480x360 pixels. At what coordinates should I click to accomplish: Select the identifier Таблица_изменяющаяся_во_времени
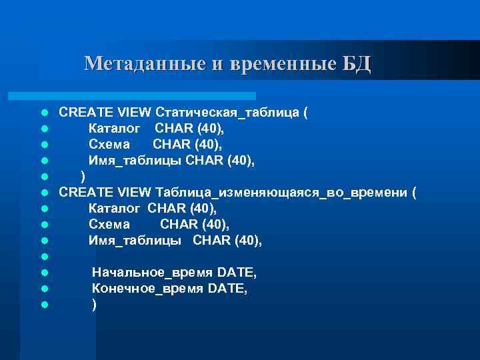(x=281, y=193)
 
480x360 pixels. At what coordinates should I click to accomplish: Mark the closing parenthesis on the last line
(x=94, y=305)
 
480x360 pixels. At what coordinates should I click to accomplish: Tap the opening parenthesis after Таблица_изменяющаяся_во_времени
(x=414, y=193)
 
